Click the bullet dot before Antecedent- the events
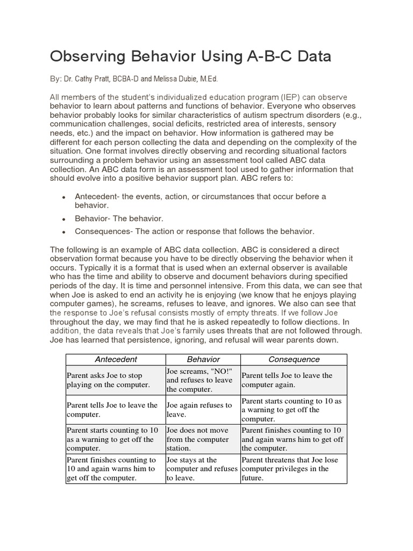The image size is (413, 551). (64, 197)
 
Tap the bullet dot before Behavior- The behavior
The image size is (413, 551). (64, 219)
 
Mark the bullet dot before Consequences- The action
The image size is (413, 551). (64, 232)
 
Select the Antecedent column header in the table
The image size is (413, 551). (116, 359)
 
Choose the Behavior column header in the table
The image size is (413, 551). (203, 359)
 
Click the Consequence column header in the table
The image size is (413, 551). (294, 359)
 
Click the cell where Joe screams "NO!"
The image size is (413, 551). (203, 380)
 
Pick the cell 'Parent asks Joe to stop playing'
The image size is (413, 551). (116, 380)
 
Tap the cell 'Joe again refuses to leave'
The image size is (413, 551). (203, 409)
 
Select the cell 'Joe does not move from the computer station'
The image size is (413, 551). (203, 439)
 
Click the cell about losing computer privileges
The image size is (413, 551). (294, 469)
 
